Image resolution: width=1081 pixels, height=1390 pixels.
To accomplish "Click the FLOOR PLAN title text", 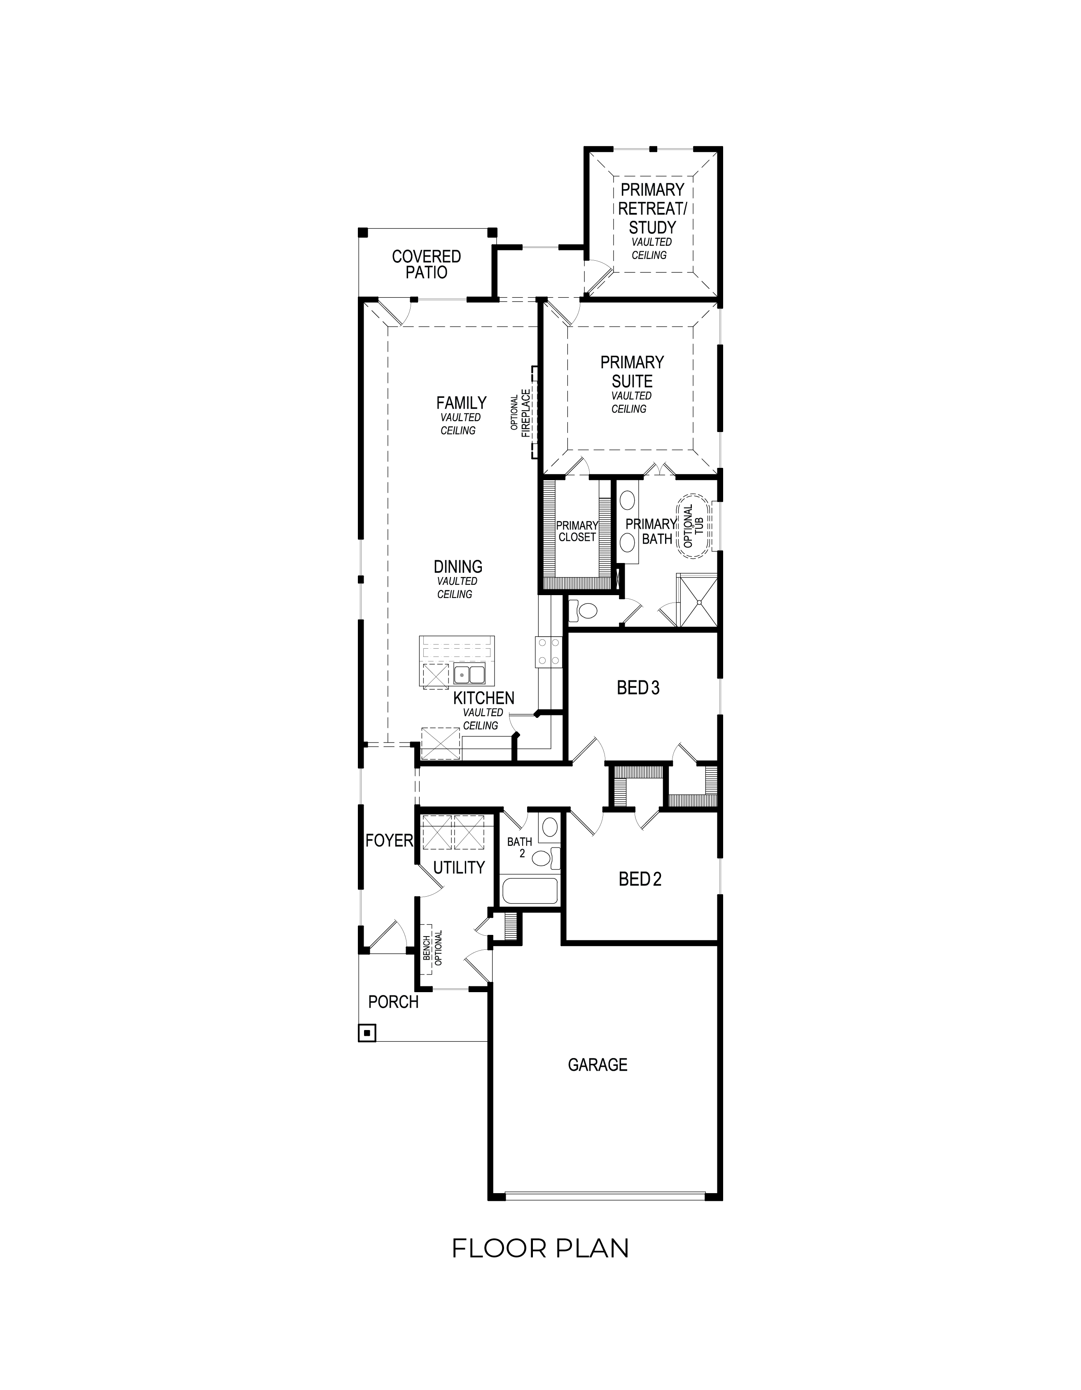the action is (x=540, y=1247).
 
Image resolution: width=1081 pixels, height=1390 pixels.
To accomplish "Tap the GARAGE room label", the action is (x=598, y=1064).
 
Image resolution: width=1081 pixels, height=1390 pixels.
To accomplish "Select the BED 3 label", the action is (x=638, y=688).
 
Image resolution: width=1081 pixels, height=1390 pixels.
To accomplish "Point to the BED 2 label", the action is (x=640, y=879).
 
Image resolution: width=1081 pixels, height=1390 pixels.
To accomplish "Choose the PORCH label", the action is (x=393, y=1002).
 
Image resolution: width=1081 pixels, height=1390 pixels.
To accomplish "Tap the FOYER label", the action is (x=390, y=841).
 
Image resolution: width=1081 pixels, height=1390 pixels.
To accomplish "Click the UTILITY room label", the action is (x=459, y=867).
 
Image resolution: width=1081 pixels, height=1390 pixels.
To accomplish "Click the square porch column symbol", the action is (x=367, y=1033).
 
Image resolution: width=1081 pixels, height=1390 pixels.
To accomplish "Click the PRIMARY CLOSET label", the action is (x=577, y=531).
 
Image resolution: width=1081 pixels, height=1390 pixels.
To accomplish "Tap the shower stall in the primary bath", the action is (x=697, y=600).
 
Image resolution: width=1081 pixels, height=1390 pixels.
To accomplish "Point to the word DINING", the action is (x=458, y=566).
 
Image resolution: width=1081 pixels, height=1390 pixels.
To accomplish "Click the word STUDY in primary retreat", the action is (x=652, y=227).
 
